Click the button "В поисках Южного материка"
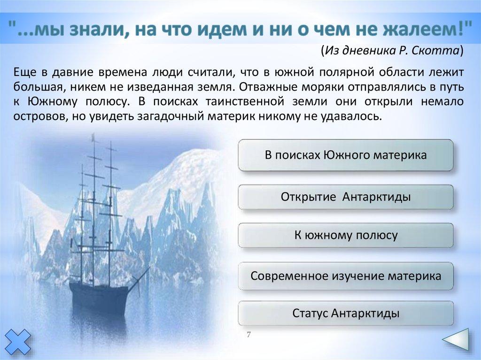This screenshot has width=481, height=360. (x=346, y=155)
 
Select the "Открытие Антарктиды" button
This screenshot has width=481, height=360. (x=346, y=197)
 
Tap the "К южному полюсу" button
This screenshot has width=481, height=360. (x=346, y=235)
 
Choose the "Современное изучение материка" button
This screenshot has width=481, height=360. (x=346, y=276)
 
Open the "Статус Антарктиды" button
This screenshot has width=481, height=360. (x=346, y=314)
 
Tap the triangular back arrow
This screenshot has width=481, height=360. (x=457, y=339)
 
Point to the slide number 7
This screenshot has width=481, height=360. (x=249, y=334)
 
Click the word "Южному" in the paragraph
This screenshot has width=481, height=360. (x=53, y=102)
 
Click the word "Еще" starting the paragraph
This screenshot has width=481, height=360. (x=23, y=72)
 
